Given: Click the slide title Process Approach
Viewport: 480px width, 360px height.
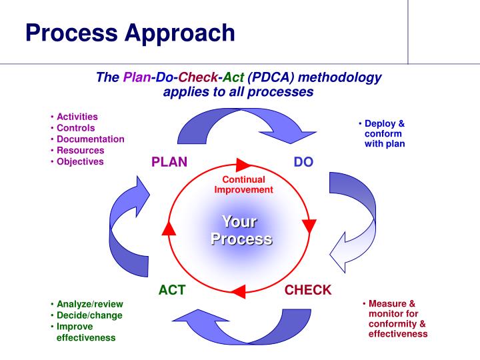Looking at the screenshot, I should pos(130,32).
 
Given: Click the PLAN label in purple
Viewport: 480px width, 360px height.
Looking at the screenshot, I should pos(169,162).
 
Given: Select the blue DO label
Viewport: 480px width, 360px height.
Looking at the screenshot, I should pos(303,162).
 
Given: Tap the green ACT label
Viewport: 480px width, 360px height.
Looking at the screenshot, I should pos(171,290).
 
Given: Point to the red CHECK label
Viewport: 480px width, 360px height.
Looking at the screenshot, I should pos(308,290).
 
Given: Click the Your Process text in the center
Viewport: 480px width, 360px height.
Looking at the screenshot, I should pos(241,230).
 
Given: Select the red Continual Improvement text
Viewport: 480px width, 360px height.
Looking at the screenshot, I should pos(243,185).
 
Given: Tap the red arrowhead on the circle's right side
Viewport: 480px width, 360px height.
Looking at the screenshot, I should pos(308,225).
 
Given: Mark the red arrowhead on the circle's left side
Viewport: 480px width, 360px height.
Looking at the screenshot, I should pos(169,228).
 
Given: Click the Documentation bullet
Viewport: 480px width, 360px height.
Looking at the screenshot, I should pos(90,139).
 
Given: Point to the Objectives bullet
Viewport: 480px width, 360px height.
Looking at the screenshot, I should pos(80,161).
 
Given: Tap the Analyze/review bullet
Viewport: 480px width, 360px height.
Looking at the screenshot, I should pos(89,303).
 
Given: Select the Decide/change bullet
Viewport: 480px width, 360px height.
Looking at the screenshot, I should pos(89,315).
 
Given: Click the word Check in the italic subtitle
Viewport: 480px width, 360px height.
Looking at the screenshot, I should pos(201,77).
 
